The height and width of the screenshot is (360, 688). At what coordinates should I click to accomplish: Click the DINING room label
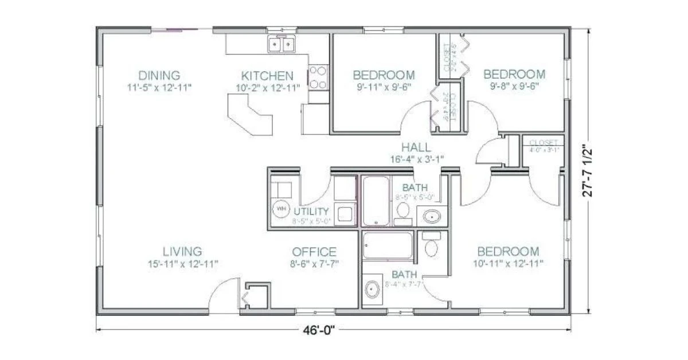159,75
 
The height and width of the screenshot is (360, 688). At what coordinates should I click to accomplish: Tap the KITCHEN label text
267,76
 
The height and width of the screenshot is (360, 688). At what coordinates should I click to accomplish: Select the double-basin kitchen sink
282,44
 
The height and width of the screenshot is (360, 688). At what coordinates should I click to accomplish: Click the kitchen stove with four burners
318,77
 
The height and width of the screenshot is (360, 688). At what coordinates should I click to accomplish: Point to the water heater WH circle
282,210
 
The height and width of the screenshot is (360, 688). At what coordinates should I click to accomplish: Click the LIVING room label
182,252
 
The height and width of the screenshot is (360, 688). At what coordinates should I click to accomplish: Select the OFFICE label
314,252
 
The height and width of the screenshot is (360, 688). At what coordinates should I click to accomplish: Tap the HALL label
416,147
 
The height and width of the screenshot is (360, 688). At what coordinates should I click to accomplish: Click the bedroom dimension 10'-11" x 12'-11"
508,264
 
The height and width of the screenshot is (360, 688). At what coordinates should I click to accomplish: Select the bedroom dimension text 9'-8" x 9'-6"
514,87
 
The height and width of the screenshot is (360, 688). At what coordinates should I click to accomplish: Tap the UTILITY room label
312,211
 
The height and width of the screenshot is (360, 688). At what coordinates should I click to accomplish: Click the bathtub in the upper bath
376,201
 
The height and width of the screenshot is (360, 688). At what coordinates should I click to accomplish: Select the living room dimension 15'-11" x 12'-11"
182,264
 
